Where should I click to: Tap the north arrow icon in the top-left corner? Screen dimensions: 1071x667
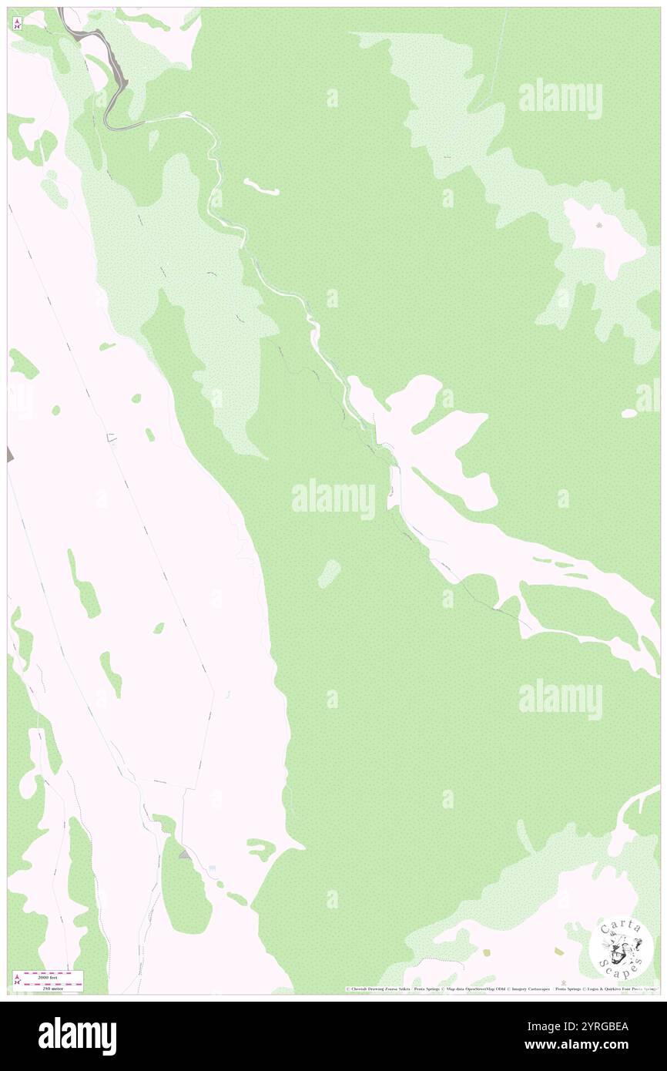tap(17, 24)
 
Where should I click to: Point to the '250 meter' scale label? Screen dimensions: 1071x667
tap(52, 986)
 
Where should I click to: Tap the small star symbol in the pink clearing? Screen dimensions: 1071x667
tap(599, 226)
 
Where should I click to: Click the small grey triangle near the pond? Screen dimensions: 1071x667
tap(183, 854)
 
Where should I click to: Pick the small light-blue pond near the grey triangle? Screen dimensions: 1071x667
tap(212, 868)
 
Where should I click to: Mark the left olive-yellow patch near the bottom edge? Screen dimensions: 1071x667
tap(485, 952)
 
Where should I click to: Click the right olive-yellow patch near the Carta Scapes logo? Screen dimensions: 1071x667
tap(558, 952)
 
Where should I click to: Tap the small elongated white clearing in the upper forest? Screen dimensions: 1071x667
tap(261, 186)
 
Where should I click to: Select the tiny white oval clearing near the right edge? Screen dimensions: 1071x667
tap(629, 413)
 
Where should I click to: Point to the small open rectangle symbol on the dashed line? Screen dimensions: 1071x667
tap(112, 438)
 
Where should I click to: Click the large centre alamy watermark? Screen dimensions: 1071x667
tap(333, 499)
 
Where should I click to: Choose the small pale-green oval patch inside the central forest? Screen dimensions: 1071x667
tap(329, 572)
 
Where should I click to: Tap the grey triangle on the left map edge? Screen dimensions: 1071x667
tap(10, 455)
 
